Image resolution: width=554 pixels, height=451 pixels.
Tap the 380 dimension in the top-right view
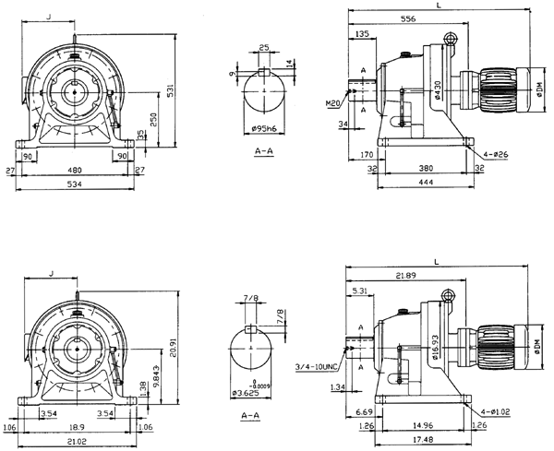[426, 170]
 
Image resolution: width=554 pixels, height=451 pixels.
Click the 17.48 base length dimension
[426, 438]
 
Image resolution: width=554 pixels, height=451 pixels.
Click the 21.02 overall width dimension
[76, 442]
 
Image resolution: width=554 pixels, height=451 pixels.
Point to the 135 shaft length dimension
[362, 34]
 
